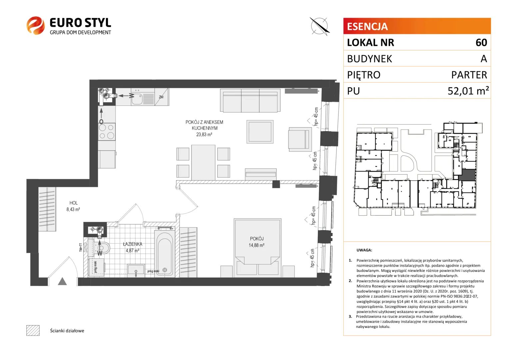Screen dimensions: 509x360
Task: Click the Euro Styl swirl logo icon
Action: [x=36, y=25]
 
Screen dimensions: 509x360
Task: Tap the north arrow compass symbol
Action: [x=320, y=26]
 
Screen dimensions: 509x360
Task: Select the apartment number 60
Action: [x=481, y=43]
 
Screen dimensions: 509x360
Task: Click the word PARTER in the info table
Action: [x=469, y=75]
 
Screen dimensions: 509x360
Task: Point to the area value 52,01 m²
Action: [x=468, y=91]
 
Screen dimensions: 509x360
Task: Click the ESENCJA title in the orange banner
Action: [x=367, y=26]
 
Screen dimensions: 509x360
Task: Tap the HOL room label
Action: [x=73, y=203]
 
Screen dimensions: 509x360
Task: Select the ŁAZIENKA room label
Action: [x=133, y=244]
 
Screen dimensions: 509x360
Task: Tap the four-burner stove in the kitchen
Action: [x=107, y=132]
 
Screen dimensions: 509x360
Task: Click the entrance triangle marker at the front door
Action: [x=62, y=281]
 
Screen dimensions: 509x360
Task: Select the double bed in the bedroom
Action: [x=257, y=248]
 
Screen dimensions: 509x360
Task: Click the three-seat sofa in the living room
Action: [x=250, y=101]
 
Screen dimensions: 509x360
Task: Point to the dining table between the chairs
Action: [x=203, y=162]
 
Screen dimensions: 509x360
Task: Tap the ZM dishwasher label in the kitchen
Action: [x=161, y=97]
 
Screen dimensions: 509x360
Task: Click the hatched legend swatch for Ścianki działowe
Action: [x=33, y=330]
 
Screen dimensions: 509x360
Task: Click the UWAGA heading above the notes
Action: [x=364, y=250]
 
